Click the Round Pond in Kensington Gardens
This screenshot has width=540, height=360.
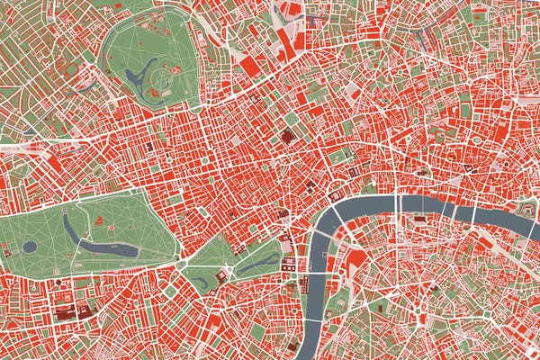[30, 246]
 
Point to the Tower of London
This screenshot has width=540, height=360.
[521, 210]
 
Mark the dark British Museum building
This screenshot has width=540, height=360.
[287, 137]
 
